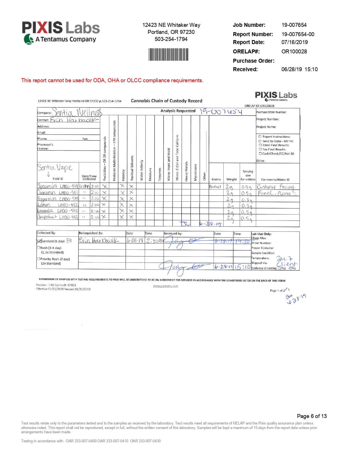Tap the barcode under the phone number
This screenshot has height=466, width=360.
coord(168,55)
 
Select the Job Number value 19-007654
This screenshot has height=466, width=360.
coord(294,25)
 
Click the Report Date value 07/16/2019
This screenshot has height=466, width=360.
coord(294,42)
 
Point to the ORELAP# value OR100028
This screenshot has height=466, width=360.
coord(294,51)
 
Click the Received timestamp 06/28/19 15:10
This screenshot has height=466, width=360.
coord(299,69)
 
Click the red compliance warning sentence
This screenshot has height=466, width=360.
coord(112,80)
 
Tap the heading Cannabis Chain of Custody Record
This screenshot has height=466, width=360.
coord(167,101)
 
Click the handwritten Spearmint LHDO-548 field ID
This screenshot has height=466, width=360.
coord(58,186)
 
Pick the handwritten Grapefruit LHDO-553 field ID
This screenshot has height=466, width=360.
coord(58,217)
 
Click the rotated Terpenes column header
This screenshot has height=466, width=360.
coord(160,174)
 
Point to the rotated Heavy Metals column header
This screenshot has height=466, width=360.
coord(186,171)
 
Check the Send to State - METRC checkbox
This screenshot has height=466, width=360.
coord(260,141)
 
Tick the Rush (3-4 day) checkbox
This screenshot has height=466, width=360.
coord(39,248)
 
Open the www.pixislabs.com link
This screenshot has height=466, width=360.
coord(165,286)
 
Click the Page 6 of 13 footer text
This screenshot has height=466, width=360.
coord(312,416)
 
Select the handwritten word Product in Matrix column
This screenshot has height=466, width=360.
coord(215,186)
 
